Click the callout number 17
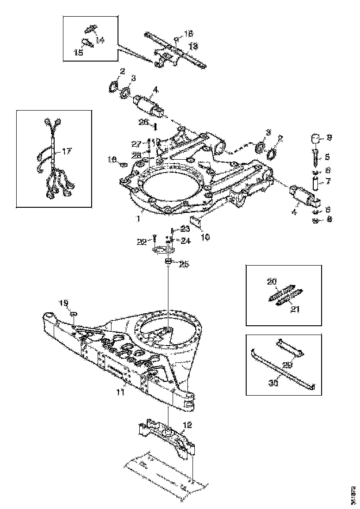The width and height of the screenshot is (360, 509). tap(67, 151)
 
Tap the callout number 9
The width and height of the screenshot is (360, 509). tap(329, 137)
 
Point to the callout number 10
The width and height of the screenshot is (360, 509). tap(205, 237)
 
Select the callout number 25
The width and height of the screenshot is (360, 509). tap(184, 264)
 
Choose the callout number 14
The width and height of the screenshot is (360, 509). tap(100, 40)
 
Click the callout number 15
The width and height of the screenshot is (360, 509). tap(78, 53)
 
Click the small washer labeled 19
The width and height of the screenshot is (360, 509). tap(74, 314)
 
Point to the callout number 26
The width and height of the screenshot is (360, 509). tap(143, 122)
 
